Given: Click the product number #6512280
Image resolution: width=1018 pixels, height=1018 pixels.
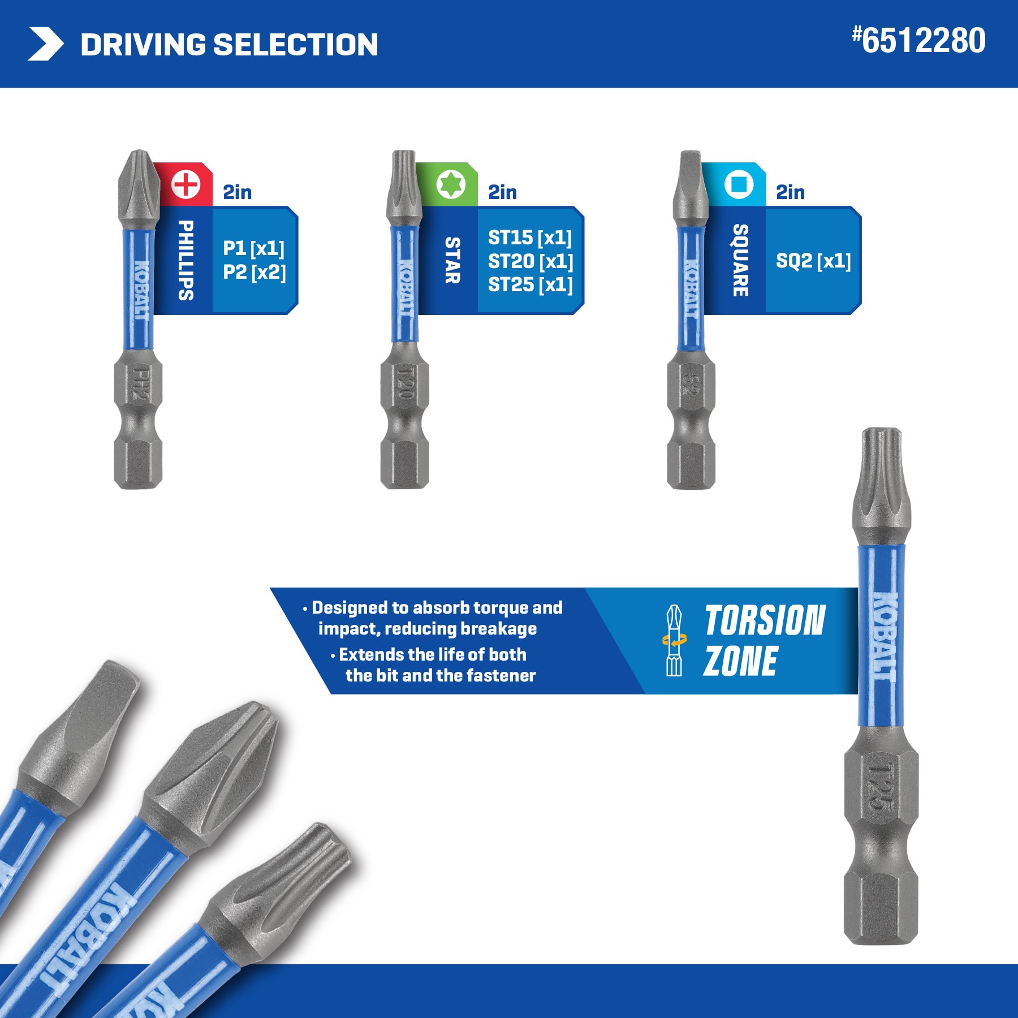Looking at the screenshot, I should pos(919,41).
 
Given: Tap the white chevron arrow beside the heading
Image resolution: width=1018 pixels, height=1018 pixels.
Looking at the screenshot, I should pos(45,44).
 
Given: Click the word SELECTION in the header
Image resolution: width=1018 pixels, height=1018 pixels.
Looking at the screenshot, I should pos(296,45).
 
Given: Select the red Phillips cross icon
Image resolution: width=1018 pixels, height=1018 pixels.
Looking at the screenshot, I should pos(186,184).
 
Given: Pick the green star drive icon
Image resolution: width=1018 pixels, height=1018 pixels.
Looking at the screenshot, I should pos(451,184).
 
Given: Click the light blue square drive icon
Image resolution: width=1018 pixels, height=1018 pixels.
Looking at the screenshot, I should pos(739,184).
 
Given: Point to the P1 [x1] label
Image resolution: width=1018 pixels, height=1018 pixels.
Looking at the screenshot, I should pos(253,248).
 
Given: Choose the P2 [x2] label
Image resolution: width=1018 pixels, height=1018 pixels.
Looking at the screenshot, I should pos(254,272).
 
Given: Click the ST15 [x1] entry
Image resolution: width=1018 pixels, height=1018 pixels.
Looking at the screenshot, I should pos(530,238).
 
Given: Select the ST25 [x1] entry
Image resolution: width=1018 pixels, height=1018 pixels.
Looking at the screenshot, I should pos(530,284).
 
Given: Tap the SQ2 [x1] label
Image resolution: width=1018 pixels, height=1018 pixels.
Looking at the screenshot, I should pos(813,261).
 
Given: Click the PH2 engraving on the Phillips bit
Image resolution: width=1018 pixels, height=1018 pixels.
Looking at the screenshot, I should pos(139,384).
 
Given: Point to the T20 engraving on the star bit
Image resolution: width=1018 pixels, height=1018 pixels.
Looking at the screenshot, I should pos(405,384).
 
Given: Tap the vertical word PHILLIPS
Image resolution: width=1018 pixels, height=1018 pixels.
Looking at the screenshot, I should pos(186,260).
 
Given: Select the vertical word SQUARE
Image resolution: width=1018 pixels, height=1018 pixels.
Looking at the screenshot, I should pos(740,260).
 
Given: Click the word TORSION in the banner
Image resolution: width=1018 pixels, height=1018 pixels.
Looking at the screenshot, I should pos(765,621).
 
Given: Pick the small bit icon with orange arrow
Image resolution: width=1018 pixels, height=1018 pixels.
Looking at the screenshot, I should pos(674,640).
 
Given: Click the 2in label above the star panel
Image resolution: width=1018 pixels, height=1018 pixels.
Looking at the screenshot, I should pos(502,192).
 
